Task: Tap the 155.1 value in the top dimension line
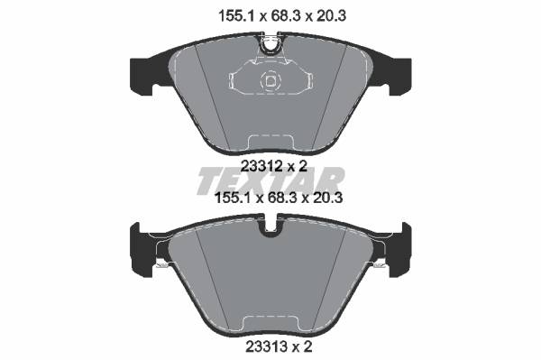(237, 16)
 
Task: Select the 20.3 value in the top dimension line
(330, 16)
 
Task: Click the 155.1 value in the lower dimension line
(234, 198)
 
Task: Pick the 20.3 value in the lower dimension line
(326, 198)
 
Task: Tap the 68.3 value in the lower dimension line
(282, 198)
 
